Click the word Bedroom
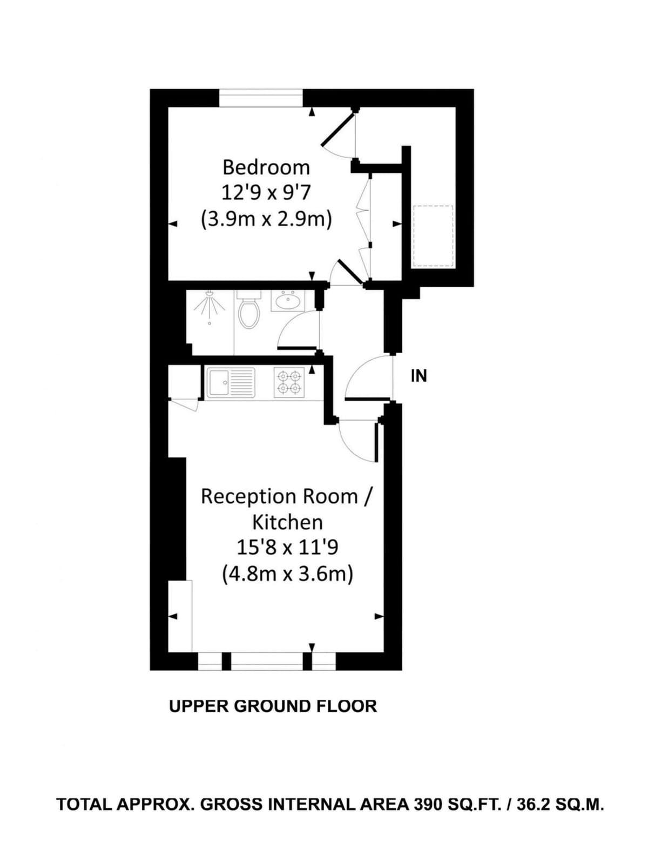[x=266, y=167]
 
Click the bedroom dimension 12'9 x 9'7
[x=266, y=194]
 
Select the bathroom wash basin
[x=288, y=300]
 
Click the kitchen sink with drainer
[x=231, y=382]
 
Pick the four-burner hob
[x=289, y=382]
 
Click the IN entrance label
[x=419, y=376]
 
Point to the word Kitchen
[x=287, y=522]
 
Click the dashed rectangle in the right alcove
[x=434, y=237]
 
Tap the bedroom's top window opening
[x=261, y=98]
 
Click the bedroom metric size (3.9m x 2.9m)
[x=266, y=220]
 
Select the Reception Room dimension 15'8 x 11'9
[x=287, y=548]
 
